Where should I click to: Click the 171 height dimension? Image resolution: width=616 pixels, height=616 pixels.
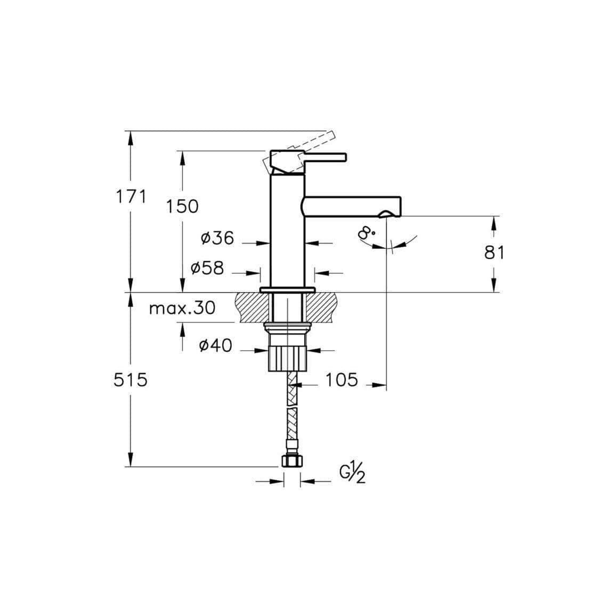(131, 197)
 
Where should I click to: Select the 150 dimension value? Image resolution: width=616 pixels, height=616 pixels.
(182, 206)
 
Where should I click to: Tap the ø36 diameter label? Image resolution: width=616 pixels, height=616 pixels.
(217, 238)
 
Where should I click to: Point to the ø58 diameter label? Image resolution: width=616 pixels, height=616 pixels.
(207, 268)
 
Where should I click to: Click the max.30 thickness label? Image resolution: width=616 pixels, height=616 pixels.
(182, 308)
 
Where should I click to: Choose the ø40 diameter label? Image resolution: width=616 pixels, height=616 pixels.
(215, 346)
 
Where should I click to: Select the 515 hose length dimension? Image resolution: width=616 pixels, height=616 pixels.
(131, 380)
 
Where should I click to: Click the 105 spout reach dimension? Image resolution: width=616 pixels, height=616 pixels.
(342, 380)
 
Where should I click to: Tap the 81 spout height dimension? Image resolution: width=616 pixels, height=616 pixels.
(494, 252)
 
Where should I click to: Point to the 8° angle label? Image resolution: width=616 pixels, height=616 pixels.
(367, 233)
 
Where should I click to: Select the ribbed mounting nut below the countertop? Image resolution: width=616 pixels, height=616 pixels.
(287, 356)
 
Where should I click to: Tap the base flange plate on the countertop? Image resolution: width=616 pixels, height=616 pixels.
(288, 290)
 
